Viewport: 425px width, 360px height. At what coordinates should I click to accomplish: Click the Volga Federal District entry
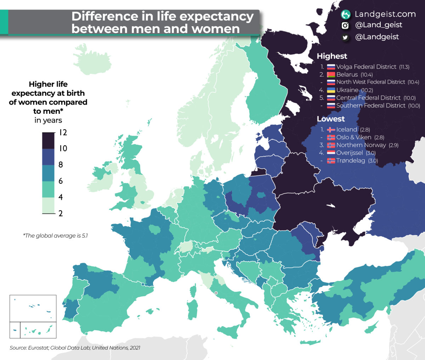pos(367,67)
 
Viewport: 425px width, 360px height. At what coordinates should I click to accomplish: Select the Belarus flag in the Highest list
pos(331,74)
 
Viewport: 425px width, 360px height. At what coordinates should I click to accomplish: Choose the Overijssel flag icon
pos(331,153)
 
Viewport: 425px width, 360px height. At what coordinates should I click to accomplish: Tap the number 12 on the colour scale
pos(63,133)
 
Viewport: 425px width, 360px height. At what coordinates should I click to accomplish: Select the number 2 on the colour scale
pos(61,213)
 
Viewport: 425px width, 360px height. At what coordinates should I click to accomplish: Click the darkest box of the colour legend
pos(49,141)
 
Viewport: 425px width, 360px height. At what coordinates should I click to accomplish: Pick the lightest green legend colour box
pos(49,206)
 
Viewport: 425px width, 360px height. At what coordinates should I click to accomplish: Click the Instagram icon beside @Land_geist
pos(345,26)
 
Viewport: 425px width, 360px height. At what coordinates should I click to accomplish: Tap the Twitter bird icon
pos(345,37)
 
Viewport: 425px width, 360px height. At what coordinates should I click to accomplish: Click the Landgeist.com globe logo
pos(346,15)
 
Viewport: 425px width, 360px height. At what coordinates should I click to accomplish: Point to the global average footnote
pos(55,236)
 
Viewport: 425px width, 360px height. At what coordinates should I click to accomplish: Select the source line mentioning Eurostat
pos(75,348)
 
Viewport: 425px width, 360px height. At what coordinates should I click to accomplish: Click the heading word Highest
pos(332,56)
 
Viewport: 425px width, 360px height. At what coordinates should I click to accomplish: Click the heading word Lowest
pos(330,119)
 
